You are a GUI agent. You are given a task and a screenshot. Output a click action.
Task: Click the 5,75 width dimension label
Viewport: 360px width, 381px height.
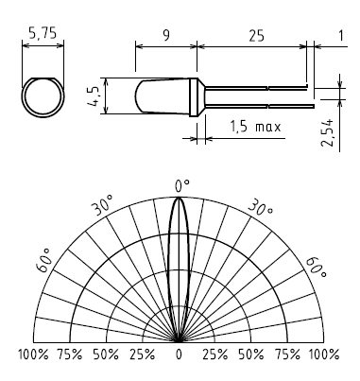[x=43, y=33]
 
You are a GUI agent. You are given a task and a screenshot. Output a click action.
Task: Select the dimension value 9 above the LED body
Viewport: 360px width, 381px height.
[x=166, y=35]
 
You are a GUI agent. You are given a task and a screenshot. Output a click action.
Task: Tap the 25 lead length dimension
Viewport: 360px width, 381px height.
[x=257, y=36]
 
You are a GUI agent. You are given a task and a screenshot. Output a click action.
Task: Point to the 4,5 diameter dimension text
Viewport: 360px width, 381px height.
[x=94, y=95]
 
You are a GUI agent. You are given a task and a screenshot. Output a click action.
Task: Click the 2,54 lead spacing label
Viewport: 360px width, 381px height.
[x=328, y=132]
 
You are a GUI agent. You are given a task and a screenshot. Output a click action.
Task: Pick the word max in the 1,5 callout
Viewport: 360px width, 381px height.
[x=267, y=128]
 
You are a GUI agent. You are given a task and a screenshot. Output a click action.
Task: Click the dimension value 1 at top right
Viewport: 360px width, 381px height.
[x=341, y=36]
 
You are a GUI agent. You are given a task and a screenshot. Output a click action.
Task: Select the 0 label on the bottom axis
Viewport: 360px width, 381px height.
[x=179, y=355]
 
